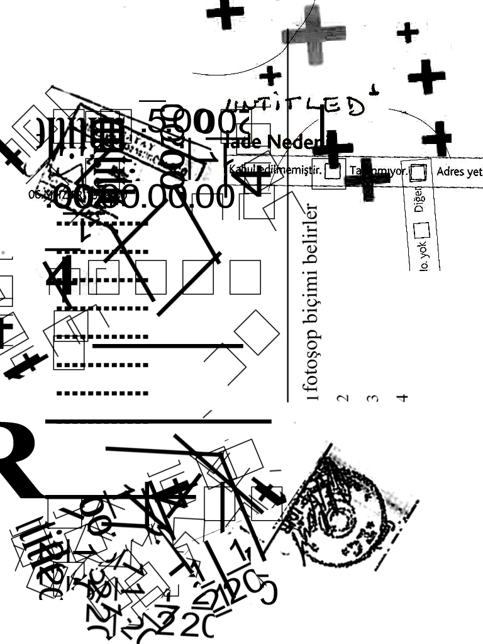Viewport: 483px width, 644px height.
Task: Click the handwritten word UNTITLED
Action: [296, 106]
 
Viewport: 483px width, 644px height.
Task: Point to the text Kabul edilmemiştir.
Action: [275, 169]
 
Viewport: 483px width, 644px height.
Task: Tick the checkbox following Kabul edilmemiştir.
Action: [334, 169]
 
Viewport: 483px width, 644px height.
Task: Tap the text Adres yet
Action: [459, 171]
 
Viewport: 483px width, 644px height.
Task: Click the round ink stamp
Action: [340, 509]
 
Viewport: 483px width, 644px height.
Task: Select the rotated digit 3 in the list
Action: [372, 398]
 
